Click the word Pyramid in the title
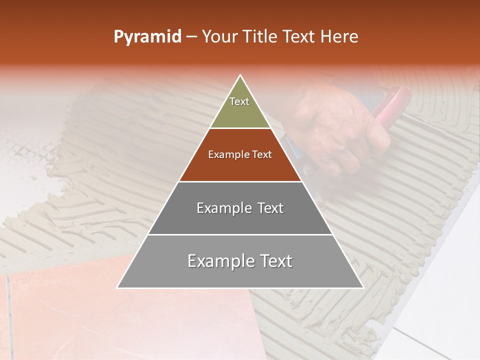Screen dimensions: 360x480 tap(147, 37)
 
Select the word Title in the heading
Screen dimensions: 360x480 tap(259, 36)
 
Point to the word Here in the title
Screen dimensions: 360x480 tap(339, 36)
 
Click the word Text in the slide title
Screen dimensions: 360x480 tap(299, 36)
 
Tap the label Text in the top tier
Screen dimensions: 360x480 tap(239, 101)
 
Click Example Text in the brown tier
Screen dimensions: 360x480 tap(240, 154)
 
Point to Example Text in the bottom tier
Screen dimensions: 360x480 tap(240, 261)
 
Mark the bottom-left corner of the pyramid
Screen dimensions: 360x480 tap(118, 287)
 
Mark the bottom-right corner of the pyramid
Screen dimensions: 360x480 tap(363, 287)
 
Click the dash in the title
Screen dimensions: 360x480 tap(191, 37)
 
